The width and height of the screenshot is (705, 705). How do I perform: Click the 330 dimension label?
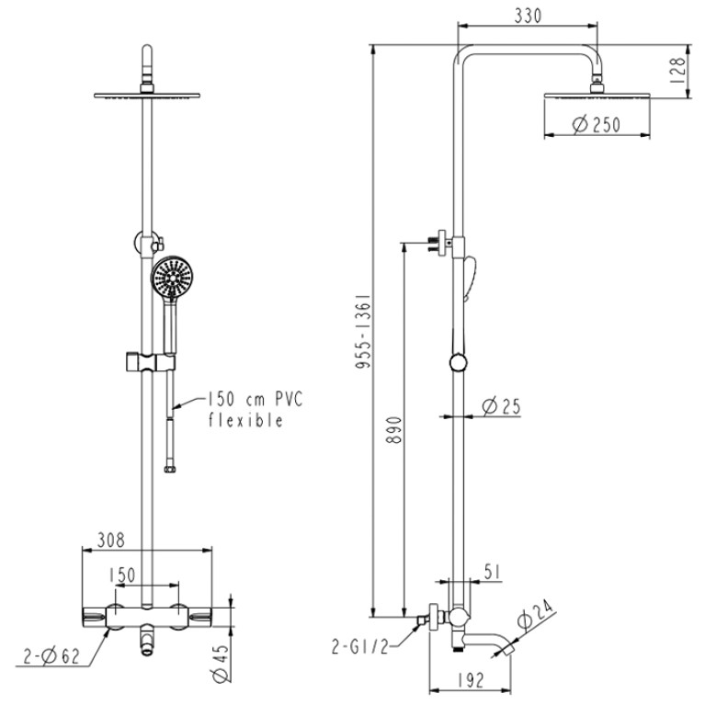[x=528, y=16]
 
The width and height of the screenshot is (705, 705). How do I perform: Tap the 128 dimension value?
[x=677, y=70]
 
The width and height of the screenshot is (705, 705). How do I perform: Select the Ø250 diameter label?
[x=597, y=124]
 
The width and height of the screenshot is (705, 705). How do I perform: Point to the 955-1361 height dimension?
[x=363, y=332]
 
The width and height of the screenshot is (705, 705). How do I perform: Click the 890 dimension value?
[x=394, y=430]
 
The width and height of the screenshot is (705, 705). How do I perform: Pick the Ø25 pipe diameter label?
[x=501, y=406]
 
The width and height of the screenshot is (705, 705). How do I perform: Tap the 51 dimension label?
[x=492, y=572]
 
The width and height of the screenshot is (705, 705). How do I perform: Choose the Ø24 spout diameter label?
[x=535, y=614]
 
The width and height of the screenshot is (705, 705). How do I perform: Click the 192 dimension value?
[x=471, y=680]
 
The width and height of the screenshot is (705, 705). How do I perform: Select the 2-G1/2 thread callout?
[x=359, y=647]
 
